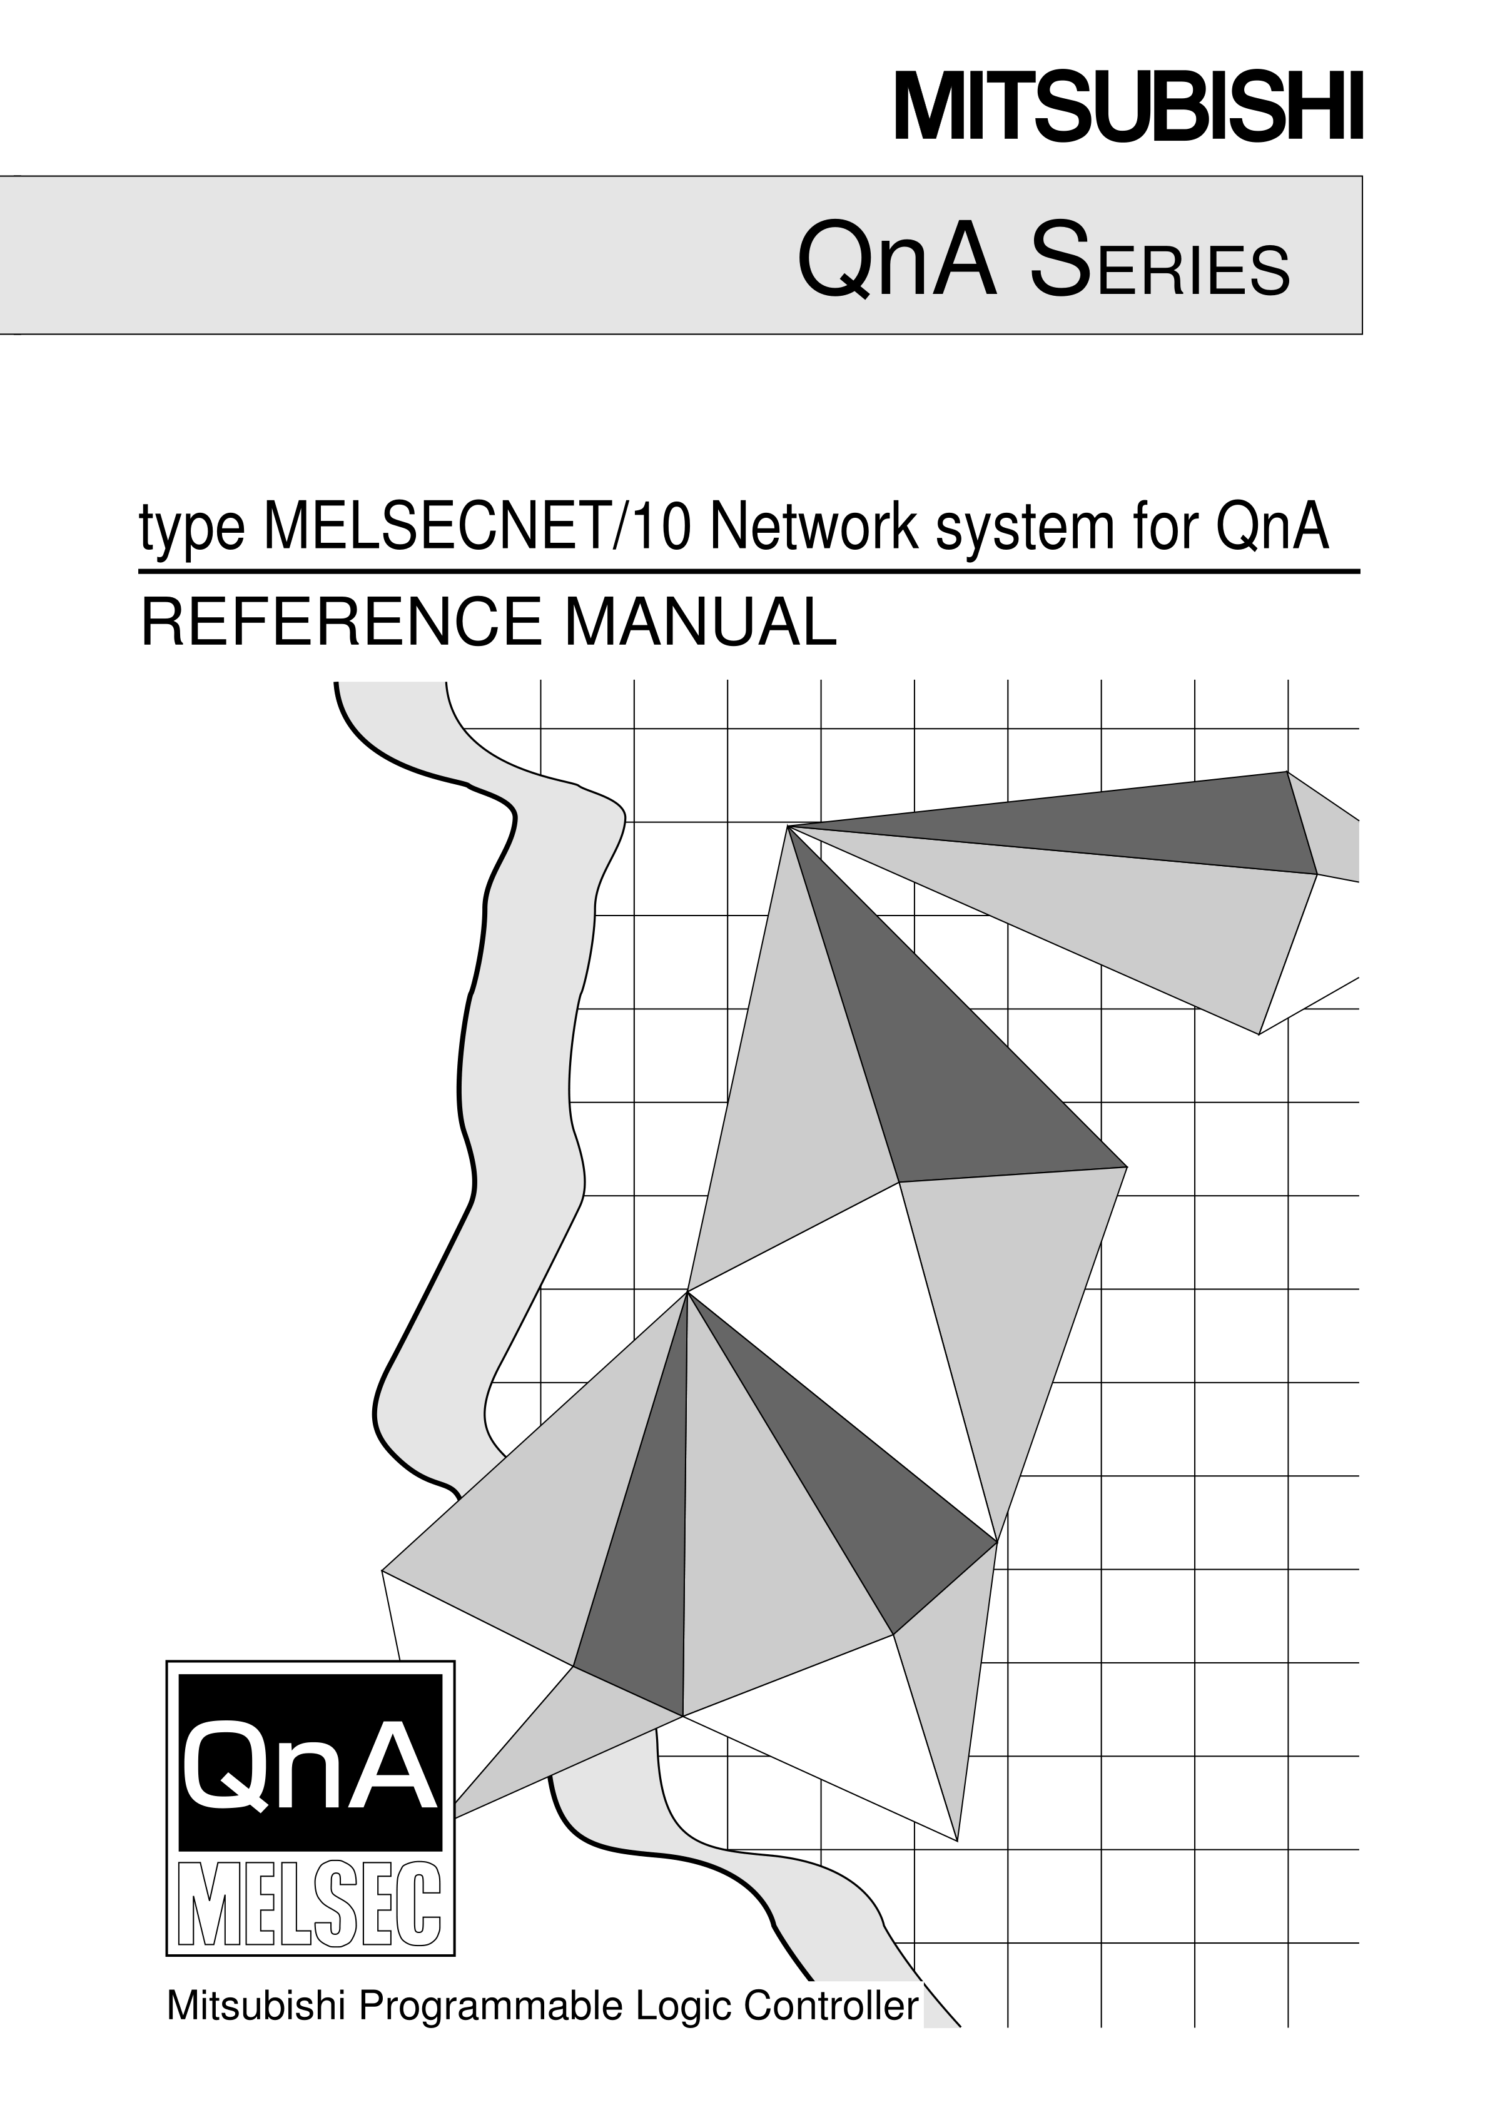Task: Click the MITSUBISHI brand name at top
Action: click(x=1128, y=109)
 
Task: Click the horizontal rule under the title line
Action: click(x=749, y=572)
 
